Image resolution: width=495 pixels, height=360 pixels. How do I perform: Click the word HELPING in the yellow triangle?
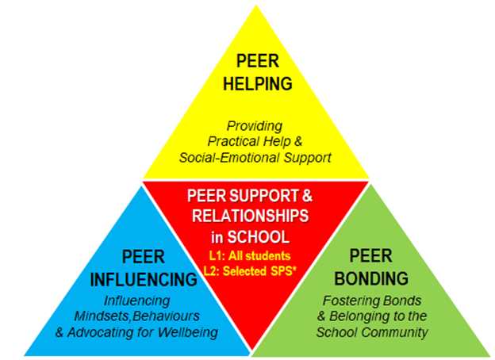pos(248,82)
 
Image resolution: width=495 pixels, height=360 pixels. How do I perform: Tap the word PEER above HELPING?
pos(248,61)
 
